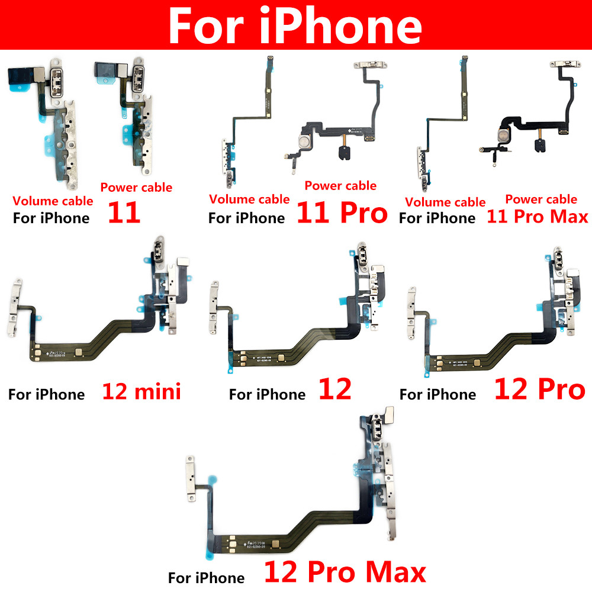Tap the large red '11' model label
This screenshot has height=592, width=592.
(x=124, y=213)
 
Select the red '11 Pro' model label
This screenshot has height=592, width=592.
(x=342, y=213)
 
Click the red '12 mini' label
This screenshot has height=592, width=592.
(x=141, y=391)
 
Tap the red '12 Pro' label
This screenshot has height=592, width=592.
(x=539, y=390)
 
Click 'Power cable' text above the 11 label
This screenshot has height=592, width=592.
(x=136, y=188)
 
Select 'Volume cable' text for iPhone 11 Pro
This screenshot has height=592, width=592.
(x=249, y=200)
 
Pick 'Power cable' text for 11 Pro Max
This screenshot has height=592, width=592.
(x=541, y=200)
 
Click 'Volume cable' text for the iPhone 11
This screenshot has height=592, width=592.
(x=53, y=201)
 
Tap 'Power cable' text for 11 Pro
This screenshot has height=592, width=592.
(x=340, y=186)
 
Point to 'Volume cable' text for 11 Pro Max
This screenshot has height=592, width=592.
(x=445, y=202)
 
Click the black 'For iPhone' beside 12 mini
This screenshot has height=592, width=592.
(x=46, y=394)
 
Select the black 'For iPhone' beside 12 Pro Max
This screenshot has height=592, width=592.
(x=206, y=578)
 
